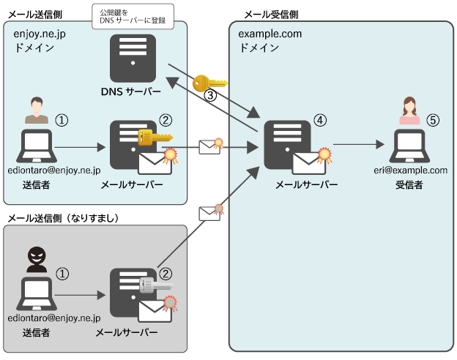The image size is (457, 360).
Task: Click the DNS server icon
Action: [132, 59]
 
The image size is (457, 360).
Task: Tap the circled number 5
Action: [433, 119]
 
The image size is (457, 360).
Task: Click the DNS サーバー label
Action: [131, 91]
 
